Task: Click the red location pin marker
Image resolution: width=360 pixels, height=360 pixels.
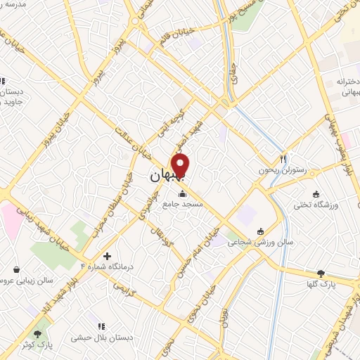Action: (x=181, y=165)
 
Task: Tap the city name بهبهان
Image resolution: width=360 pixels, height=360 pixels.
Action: (x=168, y=179)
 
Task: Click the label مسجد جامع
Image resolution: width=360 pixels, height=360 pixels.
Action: (x=183, y=205)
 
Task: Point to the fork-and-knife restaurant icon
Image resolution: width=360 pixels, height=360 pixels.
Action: (x=283, y=159)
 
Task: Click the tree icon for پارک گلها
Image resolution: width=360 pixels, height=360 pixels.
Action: (x=321, y=274)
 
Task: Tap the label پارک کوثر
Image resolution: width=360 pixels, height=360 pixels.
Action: (x=37, y=345)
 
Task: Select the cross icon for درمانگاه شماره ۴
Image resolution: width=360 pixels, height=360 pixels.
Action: (x=107, y=257)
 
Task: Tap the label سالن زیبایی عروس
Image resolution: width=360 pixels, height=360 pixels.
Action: (x=28, y=280)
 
